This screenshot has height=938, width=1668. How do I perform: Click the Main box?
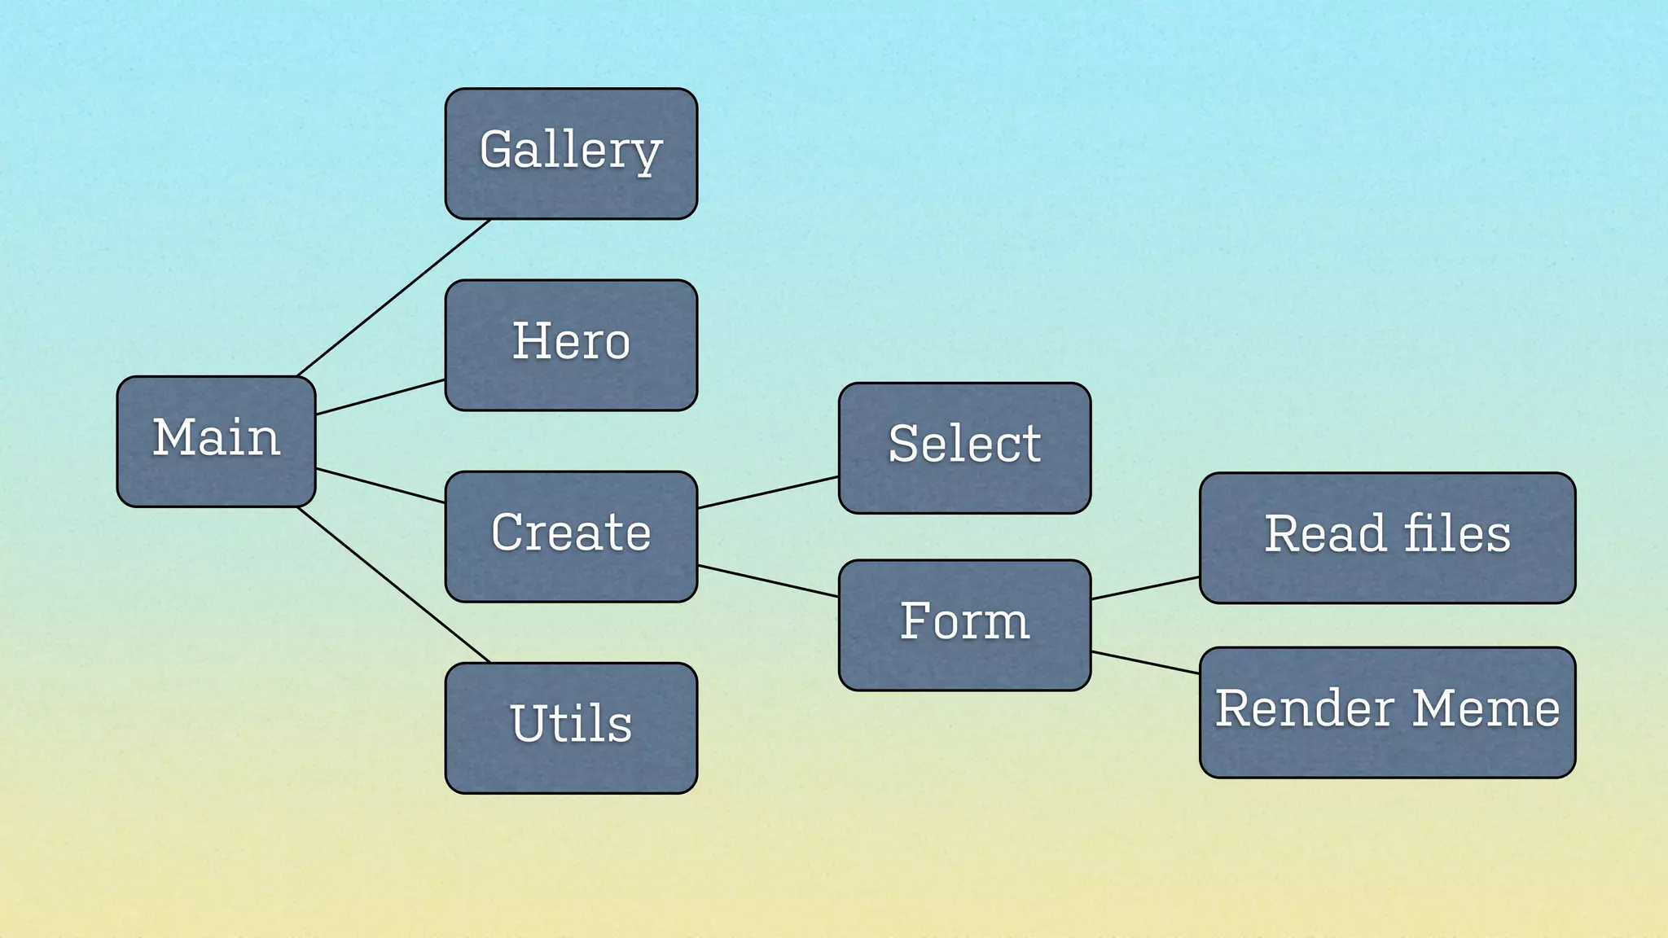click(216, 441)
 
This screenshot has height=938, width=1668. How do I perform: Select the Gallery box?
click(571, 153)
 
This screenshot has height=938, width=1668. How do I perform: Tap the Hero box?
click(571, 344)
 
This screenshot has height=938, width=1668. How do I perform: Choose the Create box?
click(571, 536)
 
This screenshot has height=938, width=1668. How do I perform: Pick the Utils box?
click(571, 727)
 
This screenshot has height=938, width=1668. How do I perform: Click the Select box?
click(964, 448)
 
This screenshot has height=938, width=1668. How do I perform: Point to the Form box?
click(964, 625)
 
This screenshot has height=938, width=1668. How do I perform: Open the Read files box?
click(1387, 537)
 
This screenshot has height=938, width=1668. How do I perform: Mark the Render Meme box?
click(1387, 712)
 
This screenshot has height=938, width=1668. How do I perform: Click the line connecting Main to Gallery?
click(394, 298)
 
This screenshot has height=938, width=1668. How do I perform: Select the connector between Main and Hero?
click(380, 397)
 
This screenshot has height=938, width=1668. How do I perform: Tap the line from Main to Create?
click(380, 486)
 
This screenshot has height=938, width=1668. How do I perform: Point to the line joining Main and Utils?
click(394, 585)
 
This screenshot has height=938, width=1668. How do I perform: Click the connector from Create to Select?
click(768, 493)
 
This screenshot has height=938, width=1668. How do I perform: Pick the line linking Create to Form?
click(768, 581)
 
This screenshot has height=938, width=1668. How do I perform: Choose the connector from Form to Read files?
click(1145, 588)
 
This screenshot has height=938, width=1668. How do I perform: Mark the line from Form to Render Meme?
click(1145, 663)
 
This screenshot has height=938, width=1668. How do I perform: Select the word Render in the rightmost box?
click(1304, 708)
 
